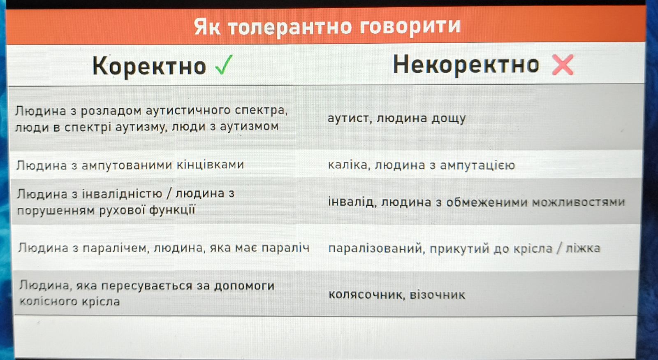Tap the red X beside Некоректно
point(563,65)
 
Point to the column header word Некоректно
point(466,65)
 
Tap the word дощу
point(448,118)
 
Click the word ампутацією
point(477,165)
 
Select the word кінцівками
point(210,165)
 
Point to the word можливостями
point(579,202)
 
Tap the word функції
point(172,210)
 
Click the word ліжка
point(583,249)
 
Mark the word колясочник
point(367,295)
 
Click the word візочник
point(438,295)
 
